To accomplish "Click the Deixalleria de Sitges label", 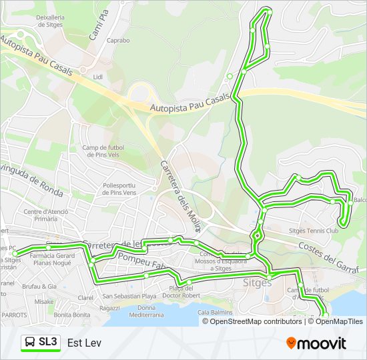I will tap(50, 19).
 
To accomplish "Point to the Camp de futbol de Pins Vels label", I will tap(105, 152).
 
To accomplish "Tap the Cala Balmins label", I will tap(215, 312).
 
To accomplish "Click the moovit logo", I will tap(316, 343).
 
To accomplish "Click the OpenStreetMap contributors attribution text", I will tap(256, 321).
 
